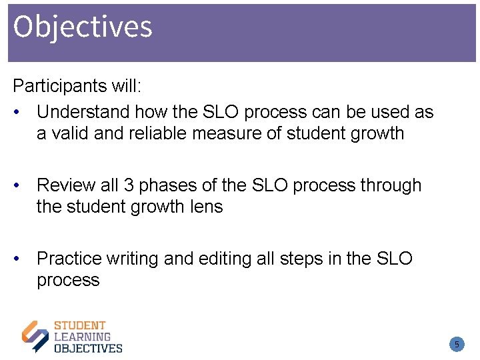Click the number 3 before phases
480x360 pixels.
tap(130, 185)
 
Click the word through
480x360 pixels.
tap(391, 185)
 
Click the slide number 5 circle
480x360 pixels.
tap(457, 345)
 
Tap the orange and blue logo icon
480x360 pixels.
tap(35, 336)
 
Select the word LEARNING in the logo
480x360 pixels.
tap(82, 337)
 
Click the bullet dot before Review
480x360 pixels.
tap(23, 185)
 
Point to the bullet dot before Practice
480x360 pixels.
tap(23, 259)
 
